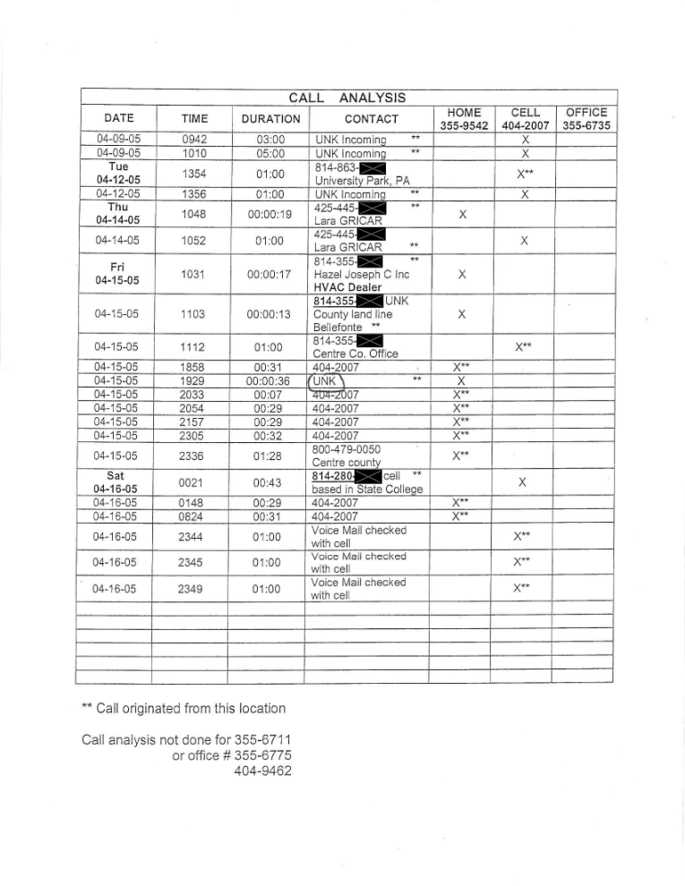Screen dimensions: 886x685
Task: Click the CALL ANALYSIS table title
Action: click(347, 97)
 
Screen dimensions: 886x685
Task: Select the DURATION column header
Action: click(270, 118)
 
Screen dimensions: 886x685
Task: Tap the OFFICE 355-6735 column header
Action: click(587, 119)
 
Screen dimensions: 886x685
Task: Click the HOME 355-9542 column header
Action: click(461, 119)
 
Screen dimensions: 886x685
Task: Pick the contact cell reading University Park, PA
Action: click(363, 179)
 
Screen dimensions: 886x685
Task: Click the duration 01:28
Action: click(270, 456)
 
